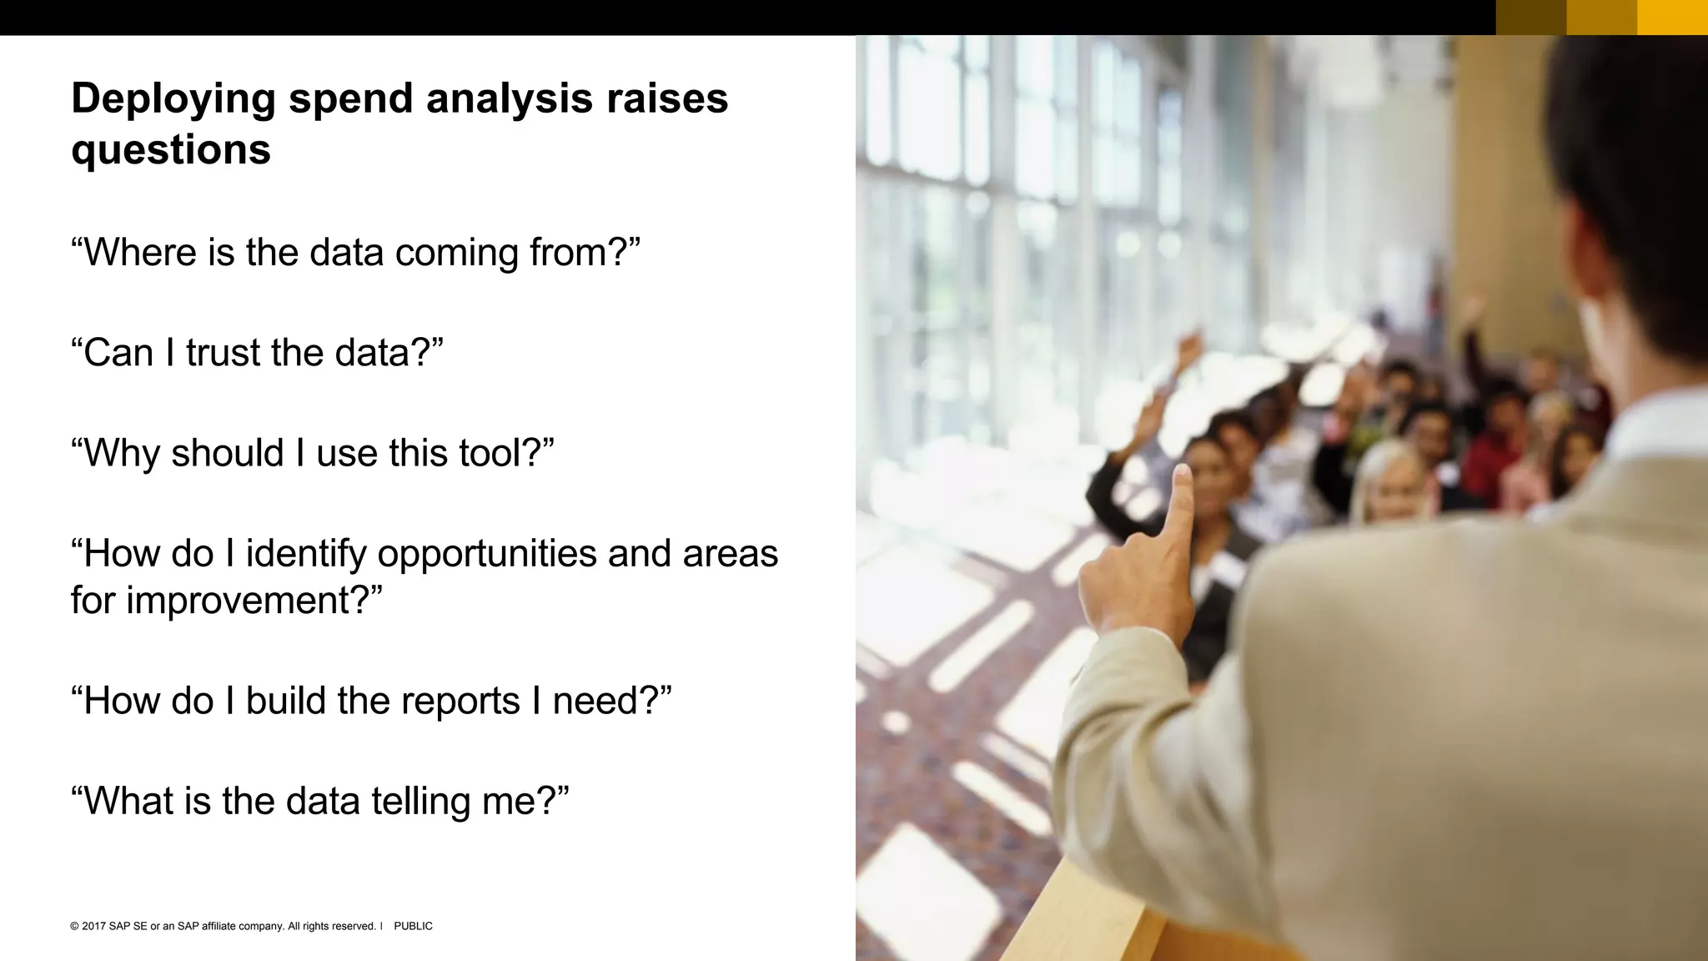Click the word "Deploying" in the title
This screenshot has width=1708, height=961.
click(173, 100)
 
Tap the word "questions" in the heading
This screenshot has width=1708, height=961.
click(171, 151)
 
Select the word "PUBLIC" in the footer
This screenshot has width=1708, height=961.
click(413, 926)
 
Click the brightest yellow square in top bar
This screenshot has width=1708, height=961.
click(1672, 18)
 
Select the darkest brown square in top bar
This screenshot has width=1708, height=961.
click(1530, 18)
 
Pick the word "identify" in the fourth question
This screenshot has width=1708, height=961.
click(305, 555)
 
